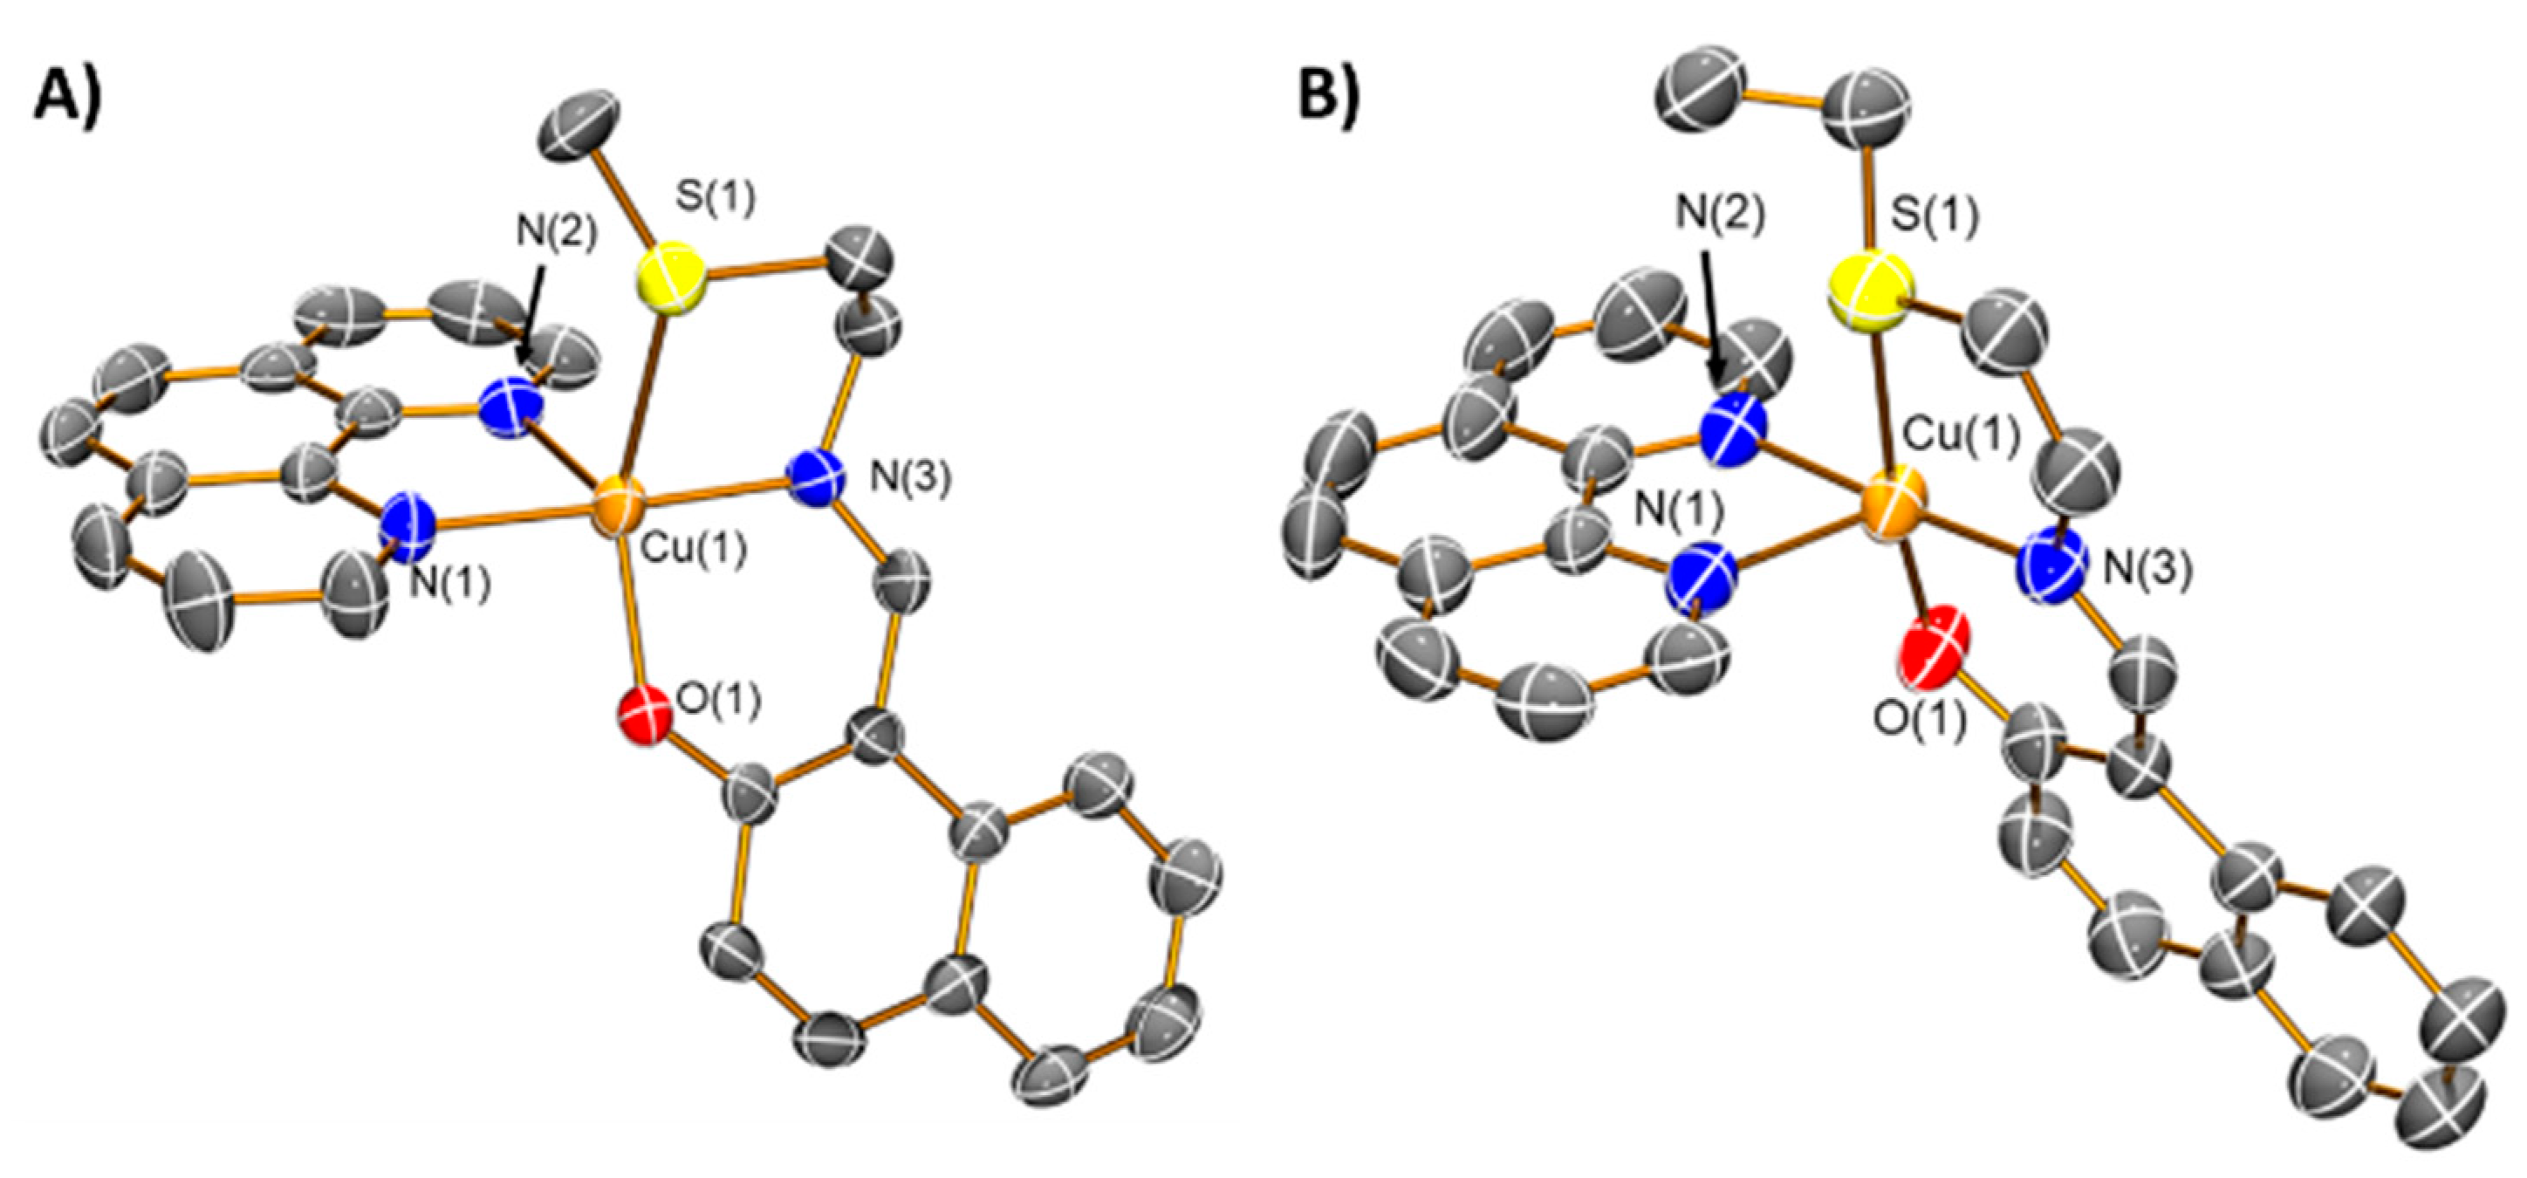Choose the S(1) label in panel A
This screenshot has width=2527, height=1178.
(714, 199)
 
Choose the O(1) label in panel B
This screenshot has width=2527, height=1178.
(1920, 721)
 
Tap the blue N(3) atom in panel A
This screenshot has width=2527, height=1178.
(819, 476)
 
